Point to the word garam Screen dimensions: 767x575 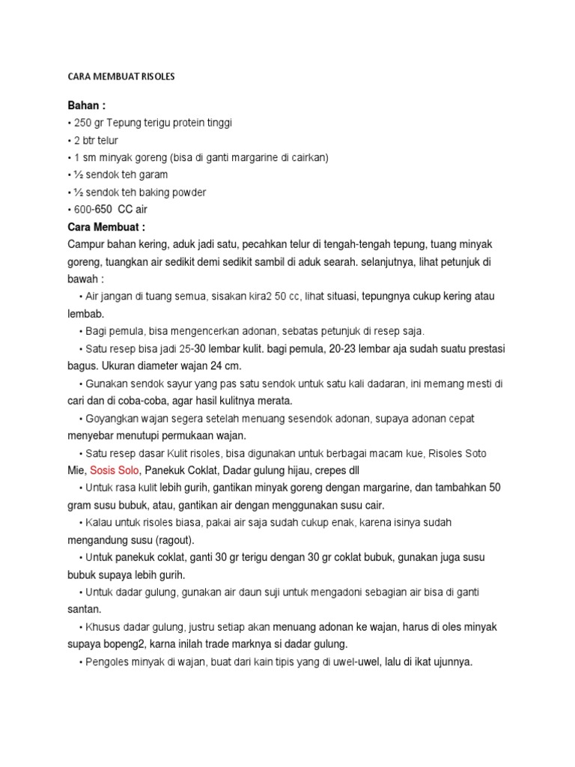pos(152,175)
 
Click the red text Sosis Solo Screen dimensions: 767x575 pos(115,470)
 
